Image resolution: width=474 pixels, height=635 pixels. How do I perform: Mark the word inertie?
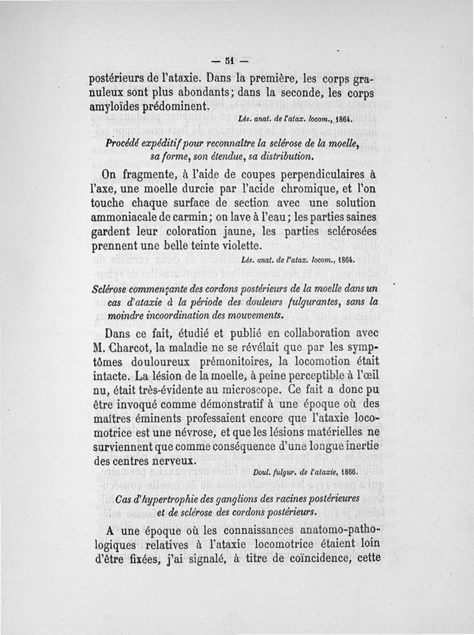pos(355,446)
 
